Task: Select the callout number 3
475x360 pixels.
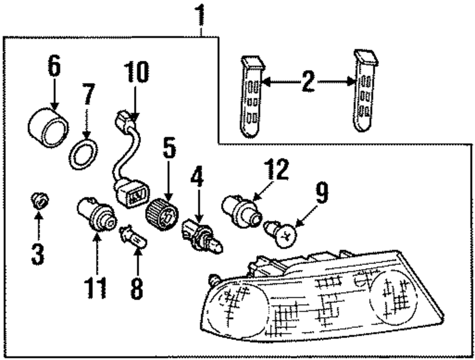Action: coord(38,254)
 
